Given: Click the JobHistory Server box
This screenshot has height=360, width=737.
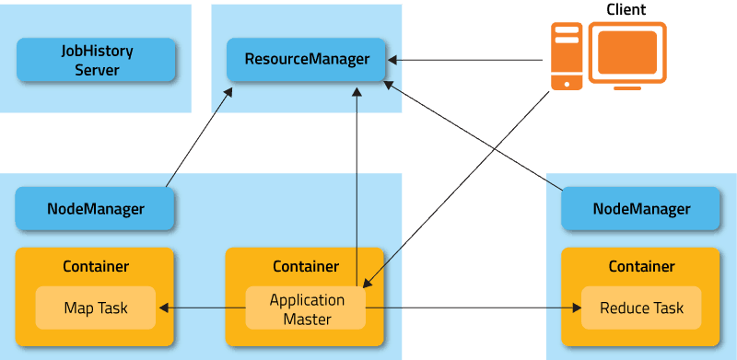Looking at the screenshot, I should click(x=96, y=60).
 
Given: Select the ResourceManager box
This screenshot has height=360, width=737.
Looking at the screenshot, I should click(x=307, y=60).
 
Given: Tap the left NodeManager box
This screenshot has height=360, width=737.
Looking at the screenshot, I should click(x=96, y=209).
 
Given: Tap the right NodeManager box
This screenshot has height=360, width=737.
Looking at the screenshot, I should click(x=641, y=209).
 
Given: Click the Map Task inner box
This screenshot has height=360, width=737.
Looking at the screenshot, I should click(x=96, y=308).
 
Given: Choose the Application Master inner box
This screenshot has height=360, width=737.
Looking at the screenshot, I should click(x=306, y=309).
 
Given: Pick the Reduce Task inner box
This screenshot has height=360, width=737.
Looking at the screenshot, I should click(x=641, y=308).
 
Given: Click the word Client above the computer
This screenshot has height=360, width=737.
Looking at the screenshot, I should click(x=626, y=10).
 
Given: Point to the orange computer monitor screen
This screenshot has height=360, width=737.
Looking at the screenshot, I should click(x=627, y=52).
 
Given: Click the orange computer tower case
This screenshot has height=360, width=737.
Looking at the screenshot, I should click(x=567, y=55).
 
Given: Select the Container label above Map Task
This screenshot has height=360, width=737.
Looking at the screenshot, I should click(x=96, y=267).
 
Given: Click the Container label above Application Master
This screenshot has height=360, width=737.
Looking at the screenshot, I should click(x=306, y=267).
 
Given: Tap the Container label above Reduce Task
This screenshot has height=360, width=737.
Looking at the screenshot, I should click(x=641, y=267).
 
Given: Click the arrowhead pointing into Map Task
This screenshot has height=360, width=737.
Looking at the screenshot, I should click(x=163, y=308).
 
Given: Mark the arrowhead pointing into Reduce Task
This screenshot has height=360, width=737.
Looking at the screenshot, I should click(x=576, y=308).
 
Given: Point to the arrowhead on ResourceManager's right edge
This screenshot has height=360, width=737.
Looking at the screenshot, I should click(x=392, y=61).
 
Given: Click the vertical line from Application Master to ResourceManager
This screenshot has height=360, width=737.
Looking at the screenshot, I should click(x=357, y=184).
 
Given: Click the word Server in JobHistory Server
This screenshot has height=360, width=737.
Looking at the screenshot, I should click(x=97, y=70).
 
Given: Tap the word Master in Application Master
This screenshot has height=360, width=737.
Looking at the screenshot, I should click(x=306, y=319).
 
